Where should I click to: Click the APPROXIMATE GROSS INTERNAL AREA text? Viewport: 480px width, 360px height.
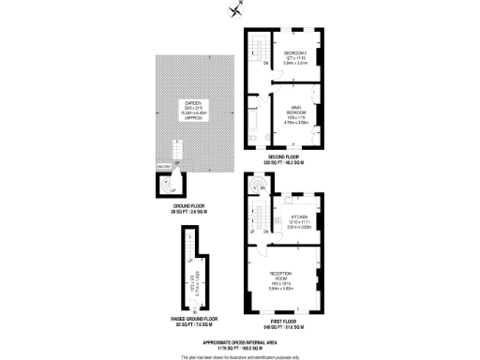[244, 343]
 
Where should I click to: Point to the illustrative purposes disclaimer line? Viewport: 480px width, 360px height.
[244, 356]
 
